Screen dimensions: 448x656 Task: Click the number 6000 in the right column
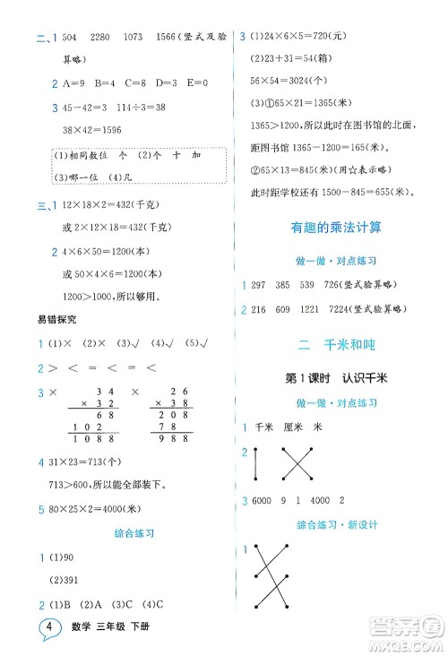(271, 498)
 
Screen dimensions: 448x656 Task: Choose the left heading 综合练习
(136, 532)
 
